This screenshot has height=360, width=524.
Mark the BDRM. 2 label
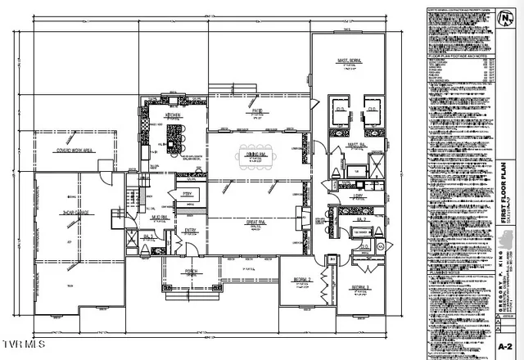point(304,281)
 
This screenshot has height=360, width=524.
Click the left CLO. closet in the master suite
point(337,107)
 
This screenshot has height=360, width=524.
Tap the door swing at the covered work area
point(104,167)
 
